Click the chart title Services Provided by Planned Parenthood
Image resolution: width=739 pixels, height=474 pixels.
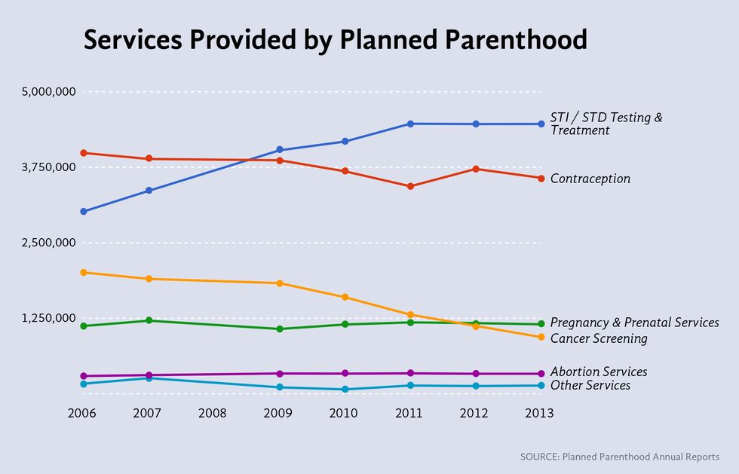pos(335,40)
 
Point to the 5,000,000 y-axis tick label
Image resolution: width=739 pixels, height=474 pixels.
pos(49,92)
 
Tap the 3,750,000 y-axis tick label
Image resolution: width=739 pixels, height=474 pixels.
pos(49,167)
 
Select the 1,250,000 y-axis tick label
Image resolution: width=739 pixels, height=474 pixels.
pos(49,318)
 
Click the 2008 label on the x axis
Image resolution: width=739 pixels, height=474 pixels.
pos(214,413)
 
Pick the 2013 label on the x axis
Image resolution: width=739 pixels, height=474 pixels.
pos(541,413)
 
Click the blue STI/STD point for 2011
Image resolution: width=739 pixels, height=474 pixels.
pos(410,124)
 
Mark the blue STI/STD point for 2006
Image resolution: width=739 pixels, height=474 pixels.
pos(84,212)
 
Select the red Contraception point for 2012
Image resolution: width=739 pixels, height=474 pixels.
pos(476,169)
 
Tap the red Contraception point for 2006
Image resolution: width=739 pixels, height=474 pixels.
pos(84,153)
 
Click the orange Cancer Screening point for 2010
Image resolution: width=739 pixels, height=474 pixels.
pos(345,297)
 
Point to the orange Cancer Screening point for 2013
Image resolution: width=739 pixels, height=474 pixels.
pos(541,337)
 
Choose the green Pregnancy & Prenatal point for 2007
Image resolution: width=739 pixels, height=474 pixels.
pos(149,320)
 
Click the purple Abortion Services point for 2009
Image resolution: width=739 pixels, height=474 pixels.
pos(280,374)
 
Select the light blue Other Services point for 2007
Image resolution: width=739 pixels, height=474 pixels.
pos(149,378)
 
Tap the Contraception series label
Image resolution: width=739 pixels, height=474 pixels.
pos(590,179)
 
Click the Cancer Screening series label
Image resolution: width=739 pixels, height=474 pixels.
pos(599,339)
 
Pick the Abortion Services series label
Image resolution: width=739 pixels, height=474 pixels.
pos(599,372)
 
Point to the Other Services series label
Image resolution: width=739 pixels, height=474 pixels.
pos(590,386)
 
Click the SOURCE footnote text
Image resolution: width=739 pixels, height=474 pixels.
pos(619,457)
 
